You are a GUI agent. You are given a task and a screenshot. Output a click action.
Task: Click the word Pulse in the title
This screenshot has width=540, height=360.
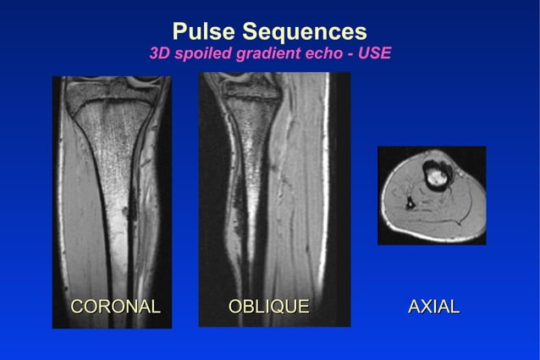(x=204, y=32)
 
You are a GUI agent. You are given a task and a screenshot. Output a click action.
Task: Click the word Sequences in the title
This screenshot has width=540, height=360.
(x=304, y=32)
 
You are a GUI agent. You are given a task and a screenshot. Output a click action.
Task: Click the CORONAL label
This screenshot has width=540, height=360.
(x=115, y=307)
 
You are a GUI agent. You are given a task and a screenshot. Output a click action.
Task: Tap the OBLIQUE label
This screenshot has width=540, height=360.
(x=268, y=307)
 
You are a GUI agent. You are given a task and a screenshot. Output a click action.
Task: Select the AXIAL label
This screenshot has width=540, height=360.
(x=433, y=307)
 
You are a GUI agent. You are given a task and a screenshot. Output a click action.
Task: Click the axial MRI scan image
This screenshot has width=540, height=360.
(x=432, y=196)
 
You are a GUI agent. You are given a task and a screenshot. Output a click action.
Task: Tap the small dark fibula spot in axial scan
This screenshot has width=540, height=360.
(x=410, y=202)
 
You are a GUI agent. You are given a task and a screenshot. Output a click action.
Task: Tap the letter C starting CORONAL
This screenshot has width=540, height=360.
(x=76, y=307)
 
